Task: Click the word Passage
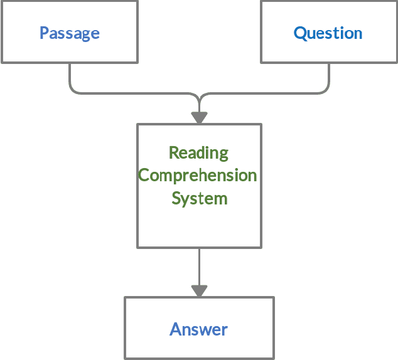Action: pyautogui.click(x=69, y=33)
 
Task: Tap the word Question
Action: pyautogui.click(x=328, y=33)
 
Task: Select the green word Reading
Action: pyautogui.click(x=199, y=153)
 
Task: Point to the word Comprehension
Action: pyautogui.click(x=198, y=176)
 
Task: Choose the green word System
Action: pyautogui.click(x=199, y=199)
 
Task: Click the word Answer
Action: pyautogui.click(x=198, y=329)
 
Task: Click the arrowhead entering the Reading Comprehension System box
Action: pyautogui.click(x=199, y=117)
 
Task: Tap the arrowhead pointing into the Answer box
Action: pyautogui.click(x=199, y=291)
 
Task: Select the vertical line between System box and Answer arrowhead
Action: pyautogui.click(x=199, y=266)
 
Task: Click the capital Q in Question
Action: pyautogui.click(x=300, y=33)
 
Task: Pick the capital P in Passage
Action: pyautogui.click(x=44, y=33)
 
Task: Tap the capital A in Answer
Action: pyautogui.click(x=175, y=329)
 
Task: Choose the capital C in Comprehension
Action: pyautogui.click(x=143, y=176)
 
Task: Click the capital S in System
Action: pyautogui.click(x=176, y=199)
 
